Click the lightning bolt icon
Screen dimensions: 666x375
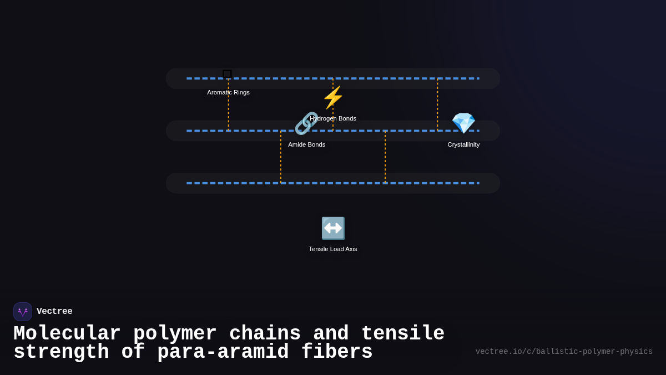333,97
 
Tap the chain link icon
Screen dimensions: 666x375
306,123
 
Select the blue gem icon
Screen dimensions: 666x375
463,123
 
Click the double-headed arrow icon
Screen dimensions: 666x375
333,228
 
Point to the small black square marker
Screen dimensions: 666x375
227,74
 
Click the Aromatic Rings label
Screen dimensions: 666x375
228,93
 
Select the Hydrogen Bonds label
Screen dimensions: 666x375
333,118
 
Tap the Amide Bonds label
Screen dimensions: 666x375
306,144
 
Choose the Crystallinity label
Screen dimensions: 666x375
463,144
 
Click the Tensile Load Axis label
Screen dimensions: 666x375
332,249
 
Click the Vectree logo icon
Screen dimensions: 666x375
23,312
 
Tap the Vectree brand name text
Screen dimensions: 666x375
54,311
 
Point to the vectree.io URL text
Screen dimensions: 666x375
564,352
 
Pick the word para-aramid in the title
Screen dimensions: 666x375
223,352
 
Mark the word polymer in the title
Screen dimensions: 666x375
175,334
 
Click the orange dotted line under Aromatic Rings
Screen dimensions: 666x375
228,105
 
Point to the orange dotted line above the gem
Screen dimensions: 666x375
437,105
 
